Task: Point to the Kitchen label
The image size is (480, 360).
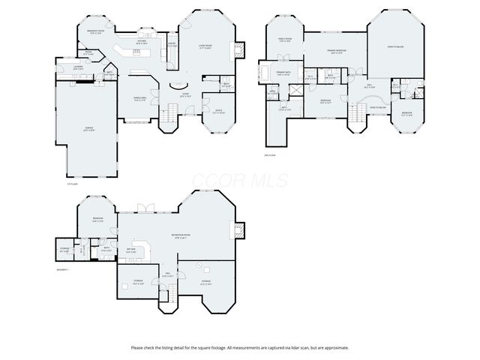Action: point(141,43)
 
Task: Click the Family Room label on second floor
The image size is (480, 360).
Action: point(284,40)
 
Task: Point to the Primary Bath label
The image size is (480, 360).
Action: point(283,73)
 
